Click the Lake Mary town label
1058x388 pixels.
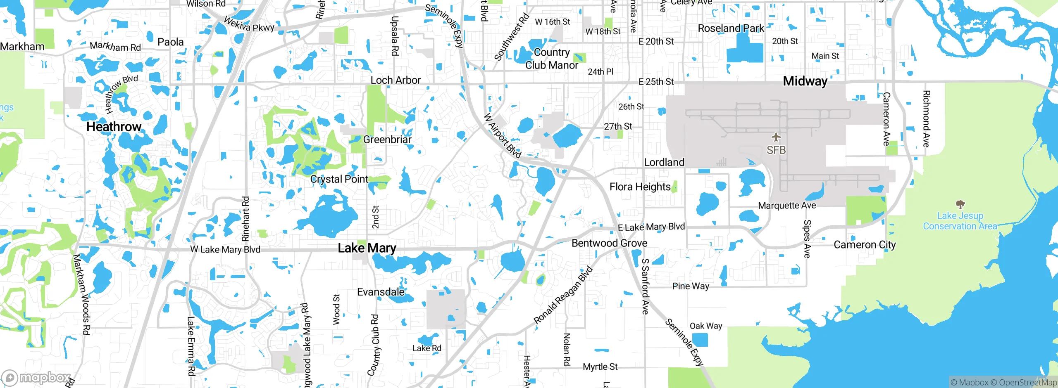[367, 248]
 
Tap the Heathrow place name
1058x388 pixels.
[114, 127]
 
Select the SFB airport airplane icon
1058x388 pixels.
[776, 137]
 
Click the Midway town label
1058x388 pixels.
[805, 81]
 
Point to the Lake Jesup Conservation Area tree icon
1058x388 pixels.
[960, 204]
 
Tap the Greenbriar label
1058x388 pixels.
[387, 140]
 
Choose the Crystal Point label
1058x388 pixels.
[339, 179]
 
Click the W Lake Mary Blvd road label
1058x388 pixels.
[225, 249]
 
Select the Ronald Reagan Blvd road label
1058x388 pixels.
[563, 296]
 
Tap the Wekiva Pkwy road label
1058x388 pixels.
[249, 24]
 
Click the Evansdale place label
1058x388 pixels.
[381, 292]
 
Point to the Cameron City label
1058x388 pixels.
[865, 245]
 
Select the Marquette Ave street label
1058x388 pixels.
[787, 206]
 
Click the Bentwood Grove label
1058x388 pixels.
[609, 243]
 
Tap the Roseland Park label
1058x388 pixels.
[731, 28]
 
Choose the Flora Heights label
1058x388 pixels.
[640, 187]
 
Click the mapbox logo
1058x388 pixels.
[36, 377]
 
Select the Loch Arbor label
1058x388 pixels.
[396, 80]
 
